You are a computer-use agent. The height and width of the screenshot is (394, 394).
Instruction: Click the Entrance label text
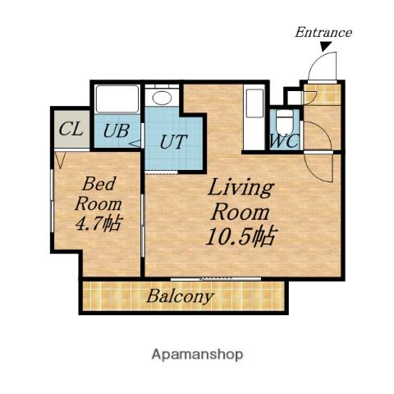coord(323,32)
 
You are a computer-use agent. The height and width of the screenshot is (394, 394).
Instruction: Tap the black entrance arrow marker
coord(326,46)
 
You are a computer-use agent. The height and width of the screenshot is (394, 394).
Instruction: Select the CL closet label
coord(71,129)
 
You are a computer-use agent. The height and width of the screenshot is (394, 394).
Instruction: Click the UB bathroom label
coord(117,131)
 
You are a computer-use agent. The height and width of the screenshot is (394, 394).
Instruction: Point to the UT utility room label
coord(173,142)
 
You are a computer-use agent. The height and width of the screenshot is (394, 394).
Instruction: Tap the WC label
coord(284,141)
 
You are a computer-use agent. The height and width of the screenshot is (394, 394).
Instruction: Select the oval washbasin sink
coord(162,98)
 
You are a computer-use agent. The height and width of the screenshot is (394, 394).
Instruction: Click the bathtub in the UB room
coord(117,99)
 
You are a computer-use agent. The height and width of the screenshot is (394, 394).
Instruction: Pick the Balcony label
coord(180,296)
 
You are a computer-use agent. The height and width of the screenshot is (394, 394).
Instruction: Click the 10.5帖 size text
coord(241,236)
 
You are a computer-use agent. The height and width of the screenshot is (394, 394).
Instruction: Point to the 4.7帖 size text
coord(98,223)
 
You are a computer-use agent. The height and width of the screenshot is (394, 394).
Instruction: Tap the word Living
coord(241,188)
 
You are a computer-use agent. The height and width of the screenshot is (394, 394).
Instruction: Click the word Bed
coord(99,184)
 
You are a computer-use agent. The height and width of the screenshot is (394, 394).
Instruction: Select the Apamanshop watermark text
coord(197,355)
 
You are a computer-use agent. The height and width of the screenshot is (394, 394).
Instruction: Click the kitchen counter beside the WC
coord(254,117)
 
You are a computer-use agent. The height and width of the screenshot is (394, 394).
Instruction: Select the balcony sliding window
coord(216,279)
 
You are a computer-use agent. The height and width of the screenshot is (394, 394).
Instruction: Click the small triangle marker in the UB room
coord(135,144)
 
